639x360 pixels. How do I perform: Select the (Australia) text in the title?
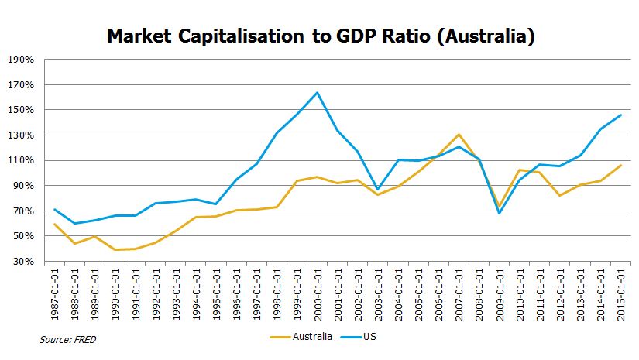tap(481, 36)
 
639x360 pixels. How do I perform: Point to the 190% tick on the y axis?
tap(22, 60)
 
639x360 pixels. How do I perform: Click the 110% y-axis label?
tap(22, 161)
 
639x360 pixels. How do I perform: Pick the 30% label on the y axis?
tap(24, 262)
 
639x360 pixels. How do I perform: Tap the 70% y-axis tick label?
tap(24, 211)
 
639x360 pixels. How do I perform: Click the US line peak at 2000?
tap(318, 93)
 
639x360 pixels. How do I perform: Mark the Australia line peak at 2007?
tap(459, 135)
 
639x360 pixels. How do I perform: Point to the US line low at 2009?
tap(500, 213)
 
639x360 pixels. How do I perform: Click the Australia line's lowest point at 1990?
tap(115, 249)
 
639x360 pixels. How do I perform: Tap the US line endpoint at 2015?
tap(621, 115)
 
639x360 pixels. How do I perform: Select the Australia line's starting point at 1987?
tap(55, 225)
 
